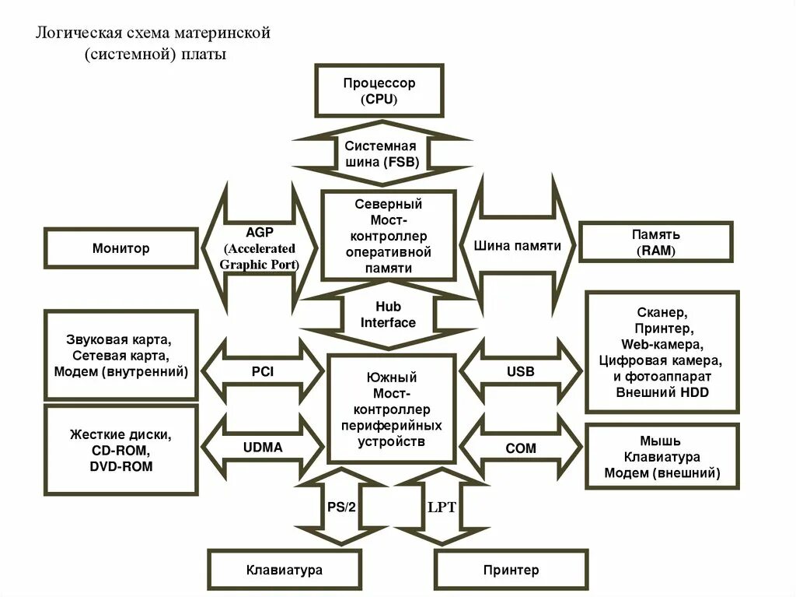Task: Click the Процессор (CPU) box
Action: click(x=379, y=91)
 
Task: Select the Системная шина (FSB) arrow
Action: click(x=381, y=154)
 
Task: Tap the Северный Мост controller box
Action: click(x=388, y=236)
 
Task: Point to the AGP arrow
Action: click(x=260, y=248)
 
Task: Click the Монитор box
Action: click(x=121, y=249)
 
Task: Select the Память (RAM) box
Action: click(x=655, y=242)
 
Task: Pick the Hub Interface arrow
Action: click(x=389, y=315)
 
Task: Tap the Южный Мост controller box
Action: click(x=392, y=409)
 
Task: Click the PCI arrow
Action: click(x=262, y=372)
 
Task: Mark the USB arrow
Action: click(x=520, y=372)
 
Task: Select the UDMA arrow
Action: click(x=262, y=448)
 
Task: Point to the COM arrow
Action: click(x=520, y=448)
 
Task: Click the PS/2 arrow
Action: click(x=340, y=507)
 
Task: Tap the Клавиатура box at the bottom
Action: click(x=284, y=570)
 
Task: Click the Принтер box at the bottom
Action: click(x=511, y=570)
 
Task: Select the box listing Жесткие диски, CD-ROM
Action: click(x=121, y=450)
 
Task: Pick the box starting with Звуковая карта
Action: click(x=121, y=356)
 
